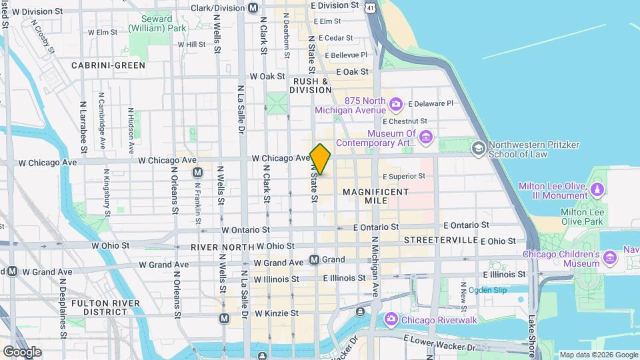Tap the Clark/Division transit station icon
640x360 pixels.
pyautogui.click(x=253, y=8)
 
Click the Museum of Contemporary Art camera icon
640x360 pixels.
pyautogui.click(x=426, y=137)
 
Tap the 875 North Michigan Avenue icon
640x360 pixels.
pyautogui.click(x=396, y=104)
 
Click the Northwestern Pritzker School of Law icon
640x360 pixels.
pyautogui.click(x=478, y=147)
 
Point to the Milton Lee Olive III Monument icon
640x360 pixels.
pyautogui.click(x=597, y=190)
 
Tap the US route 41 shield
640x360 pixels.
pyautogui.click(x=370, y=7)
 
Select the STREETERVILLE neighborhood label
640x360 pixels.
pyautogui.click(x=440, y=239)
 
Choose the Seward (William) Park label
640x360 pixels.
pyautogui.click(x=159, y=24)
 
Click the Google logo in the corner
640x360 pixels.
pyautogui.click(x=22, y=351)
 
